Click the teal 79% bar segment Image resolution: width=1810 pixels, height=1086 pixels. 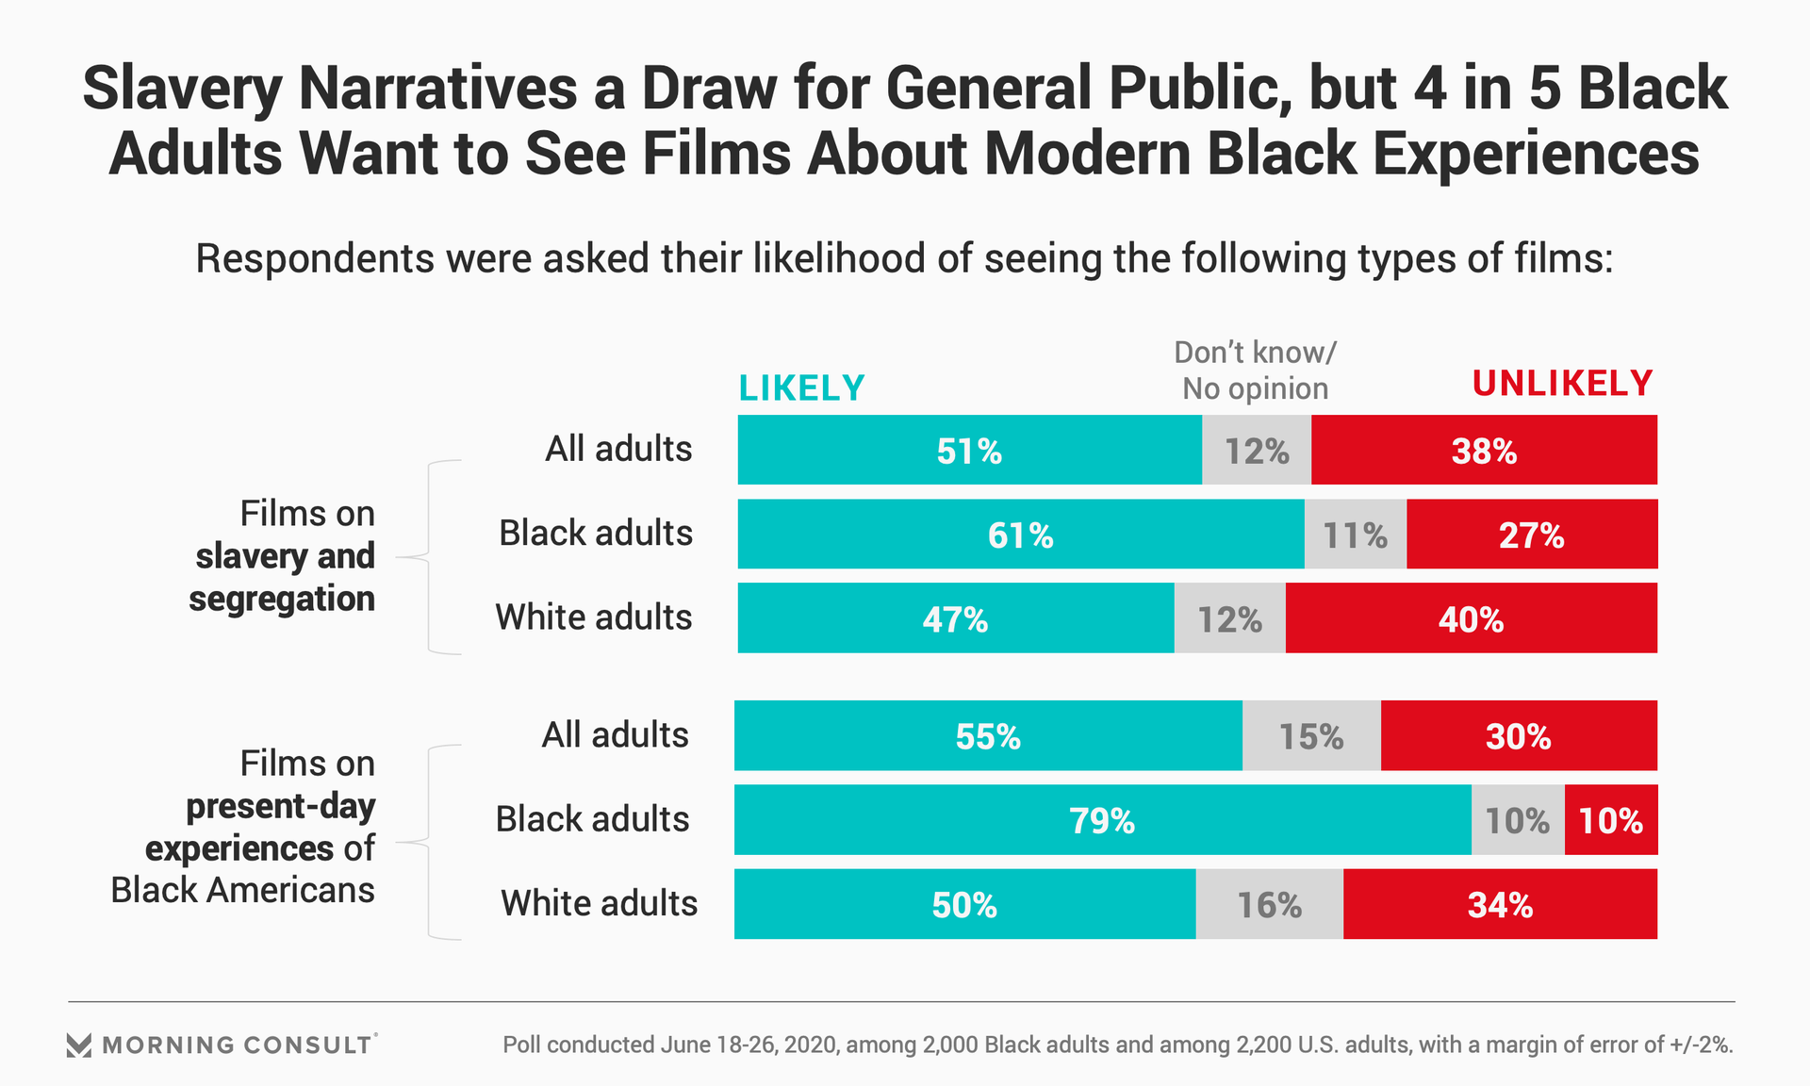point(1102,819)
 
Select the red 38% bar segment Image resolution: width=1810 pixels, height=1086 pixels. point(1484,450)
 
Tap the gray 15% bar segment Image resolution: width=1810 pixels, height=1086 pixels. point(1311,735)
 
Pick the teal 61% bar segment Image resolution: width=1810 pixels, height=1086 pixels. point(1020,534)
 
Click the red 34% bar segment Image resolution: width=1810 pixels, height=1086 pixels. point(1500,904)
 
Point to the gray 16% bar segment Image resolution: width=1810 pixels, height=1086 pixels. point(1269,904)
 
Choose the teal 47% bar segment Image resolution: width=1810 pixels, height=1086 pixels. point(955,617)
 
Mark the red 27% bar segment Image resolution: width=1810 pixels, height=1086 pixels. point(1532,534)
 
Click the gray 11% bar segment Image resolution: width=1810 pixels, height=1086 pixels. point(1355,534)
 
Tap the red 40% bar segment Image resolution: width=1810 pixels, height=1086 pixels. point(1471,617)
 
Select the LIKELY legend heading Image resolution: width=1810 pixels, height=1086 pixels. point(801,388)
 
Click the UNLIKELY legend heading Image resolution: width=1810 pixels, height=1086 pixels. point(1562,384)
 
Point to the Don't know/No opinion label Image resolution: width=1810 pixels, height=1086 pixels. point(1255,370)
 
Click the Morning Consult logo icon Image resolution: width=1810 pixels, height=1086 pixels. point(79,1045)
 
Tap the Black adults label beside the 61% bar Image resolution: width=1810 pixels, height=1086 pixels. point(596,533)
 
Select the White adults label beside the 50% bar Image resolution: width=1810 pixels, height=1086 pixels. point(599,903)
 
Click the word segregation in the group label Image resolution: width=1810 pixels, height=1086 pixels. point(282,599)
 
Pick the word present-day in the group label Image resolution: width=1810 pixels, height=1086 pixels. point(280,806)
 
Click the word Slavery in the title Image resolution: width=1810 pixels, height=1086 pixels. point(182,89)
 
